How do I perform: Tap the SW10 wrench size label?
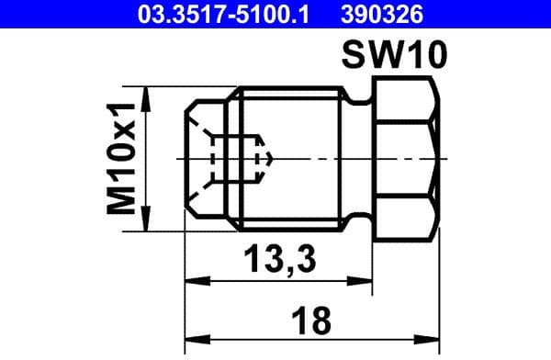[x=394, y=57]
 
